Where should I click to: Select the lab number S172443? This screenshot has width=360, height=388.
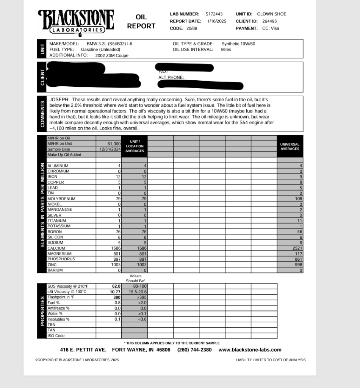[x=214, y=14]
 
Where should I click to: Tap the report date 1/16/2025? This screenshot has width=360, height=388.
[x=217, y=21]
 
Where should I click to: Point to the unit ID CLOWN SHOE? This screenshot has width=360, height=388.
[x=272, y=14]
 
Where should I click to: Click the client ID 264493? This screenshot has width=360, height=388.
[x=269, y=21]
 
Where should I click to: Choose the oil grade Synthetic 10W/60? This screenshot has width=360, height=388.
[x=238, y=44]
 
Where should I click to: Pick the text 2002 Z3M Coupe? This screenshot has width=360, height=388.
[x=112, y=55]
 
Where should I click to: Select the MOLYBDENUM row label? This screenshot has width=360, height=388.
[x=61, y=199]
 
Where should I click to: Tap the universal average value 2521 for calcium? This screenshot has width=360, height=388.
[x=297, y=248]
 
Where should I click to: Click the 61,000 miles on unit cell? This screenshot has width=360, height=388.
[x=114, y=144]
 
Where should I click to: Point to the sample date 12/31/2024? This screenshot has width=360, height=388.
[x=110, y=149]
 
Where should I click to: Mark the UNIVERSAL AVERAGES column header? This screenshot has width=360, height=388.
[x=290, y=147]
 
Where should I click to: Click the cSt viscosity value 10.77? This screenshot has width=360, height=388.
[x=115, y=292]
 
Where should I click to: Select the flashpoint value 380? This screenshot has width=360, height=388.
[x=116, y=297]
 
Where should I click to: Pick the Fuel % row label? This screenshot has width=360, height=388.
[x=53, y=303]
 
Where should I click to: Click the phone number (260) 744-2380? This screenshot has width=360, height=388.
[x=194, y=350]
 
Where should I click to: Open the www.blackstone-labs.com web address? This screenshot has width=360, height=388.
[x=250, y=350]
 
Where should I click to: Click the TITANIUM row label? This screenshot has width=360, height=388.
[x=57, y=221]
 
